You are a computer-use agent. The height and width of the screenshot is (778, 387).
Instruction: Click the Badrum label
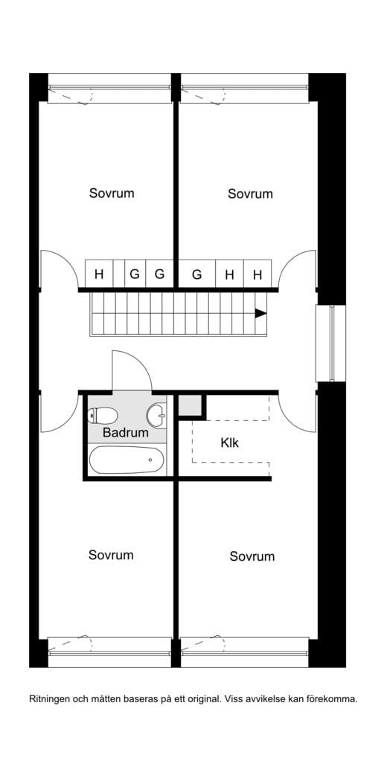click(126, 433)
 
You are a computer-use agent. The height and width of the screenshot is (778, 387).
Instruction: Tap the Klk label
click(230, 443)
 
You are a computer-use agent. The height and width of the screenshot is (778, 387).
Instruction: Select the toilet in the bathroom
click(102, 415)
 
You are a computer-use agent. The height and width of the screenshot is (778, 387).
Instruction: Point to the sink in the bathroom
click(157, 414)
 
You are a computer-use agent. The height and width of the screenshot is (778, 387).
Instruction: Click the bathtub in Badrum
click(127, 460)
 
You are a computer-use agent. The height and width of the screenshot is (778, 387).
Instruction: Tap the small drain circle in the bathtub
click(150, 460)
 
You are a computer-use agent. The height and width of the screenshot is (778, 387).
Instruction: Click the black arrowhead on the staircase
click(261, 313)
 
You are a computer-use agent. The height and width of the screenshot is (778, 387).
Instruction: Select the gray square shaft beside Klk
click(190, 405)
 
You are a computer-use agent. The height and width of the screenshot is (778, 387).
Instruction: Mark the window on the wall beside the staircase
click(331, 344)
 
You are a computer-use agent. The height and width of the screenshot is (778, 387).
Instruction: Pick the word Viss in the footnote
click(233, 700)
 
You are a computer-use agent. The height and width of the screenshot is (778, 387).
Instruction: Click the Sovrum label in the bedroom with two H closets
click(250, 193)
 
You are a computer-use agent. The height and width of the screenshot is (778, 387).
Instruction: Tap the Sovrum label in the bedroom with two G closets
click(112, 193)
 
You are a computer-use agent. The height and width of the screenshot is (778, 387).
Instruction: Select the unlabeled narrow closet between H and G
click(118, 274)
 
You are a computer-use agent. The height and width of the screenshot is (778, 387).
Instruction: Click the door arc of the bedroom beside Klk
click(290, 422)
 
